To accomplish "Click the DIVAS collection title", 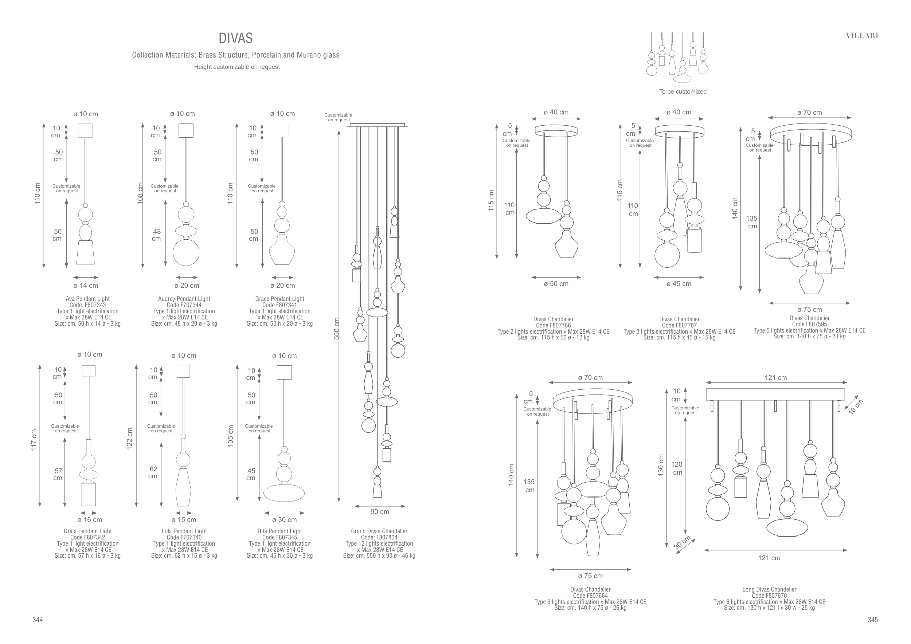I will coord(236,39).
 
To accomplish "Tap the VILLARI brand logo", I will coord(862,36).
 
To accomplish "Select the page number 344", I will coord(37,620).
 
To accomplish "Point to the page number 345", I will coord(872,620).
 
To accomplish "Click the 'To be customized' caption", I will coord(683,91).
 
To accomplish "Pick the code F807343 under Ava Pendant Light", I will coord(88,305).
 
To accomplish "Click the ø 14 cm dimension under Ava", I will coord(86,286).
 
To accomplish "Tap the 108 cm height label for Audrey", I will coord(140,193).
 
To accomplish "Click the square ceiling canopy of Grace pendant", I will coord(282,130).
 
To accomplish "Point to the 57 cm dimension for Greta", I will coord(58,474).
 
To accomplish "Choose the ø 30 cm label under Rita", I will coord(284,519).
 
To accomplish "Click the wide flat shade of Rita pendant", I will coord(284,493).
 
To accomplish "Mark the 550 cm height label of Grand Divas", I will coord(336,328).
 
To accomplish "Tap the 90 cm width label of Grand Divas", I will coord(380,512).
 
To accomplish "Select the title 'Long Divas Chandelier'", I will coord(769,589).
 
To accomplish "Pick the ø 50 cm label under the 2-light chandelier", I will coord(556,284).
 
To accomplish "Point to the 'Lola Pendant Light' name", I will coord(184,531).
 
